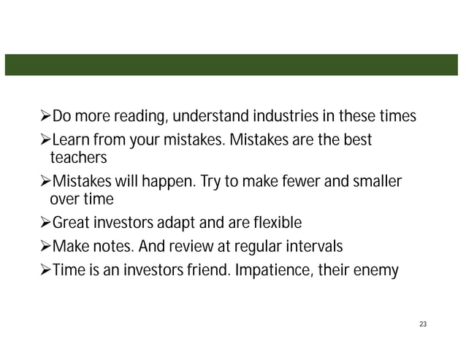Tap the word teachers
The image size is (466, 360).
[x=78, y=158]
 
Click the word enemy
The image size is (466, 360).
[x=381, y=271]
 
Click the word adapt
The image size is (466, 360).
[x=184, y=223]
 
